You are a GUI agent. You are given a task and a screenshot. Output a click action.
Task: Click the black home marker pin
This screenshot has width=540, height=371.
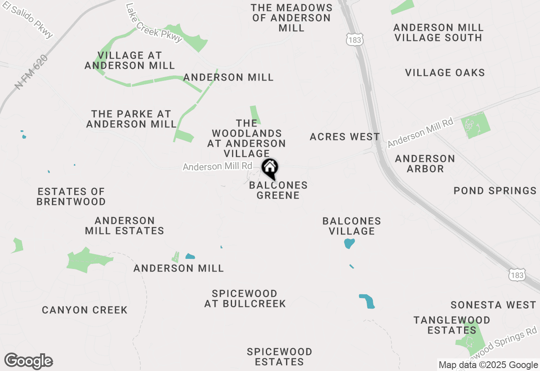pos(270,169)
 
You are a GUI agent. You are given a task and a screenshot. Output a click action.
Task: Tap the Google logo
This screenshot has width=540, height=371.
pos(29,361)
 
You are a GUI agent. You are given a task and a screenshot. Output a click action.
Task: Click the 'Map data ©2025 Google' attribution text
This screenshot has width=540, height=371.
pos(488,365)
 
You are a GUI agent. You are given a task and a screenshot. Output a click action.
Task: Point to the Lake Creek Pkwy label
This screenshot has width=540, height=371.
pos(154,23)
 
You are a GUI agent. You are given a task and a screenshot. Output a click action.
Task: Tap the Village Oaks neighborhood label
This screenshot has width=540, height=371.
pos(445,73)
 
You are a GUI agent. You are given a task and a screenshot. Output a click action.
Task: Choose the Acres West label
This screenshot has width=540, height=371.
pos(345,137)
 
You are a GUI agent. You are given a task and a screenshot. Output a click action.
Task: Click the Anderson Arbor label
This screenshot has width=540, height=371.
pos(425,164)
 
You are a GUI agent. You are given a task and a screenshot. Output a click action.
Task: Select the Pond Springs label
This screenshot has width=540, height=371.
pos(495,191)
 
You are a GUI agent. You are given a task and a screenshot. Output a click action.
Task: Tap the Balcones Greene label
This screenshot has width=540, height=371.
pos(278,190)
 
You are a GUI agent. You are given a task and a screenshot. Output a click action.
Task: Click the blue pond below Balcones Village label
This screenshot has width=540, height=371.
pos(349,243)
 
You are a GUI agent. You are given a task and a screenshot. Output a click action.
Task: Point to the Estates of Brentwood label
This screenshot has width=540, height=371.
pos(71,196)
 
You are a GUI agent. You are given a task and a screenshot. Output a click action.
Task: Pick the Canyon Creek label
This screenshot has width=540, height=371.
pos(84,310)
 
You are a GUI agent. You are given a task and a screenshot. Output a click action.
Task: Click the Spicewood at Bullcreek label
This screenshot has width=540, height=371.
pos(245,298)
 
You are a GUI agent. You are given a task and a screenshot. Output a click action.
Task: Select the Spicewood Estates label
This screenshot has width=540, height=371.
pos(279,357)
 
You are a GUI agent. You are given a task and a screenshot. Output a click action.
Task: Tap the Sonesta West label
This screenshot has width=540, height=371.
pos(493,304)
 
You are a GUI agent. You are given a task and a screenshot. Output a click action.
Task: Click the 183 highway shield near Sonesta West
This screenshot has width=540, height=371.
pos(517,275)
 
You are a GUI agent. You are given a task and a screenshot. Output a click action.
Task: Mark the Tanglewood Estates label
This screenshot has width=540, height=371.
pos(452,325)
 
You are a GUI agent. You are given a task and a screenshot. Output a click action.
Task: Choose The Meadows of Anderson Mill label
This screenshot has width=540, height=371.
pos(292,18)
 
